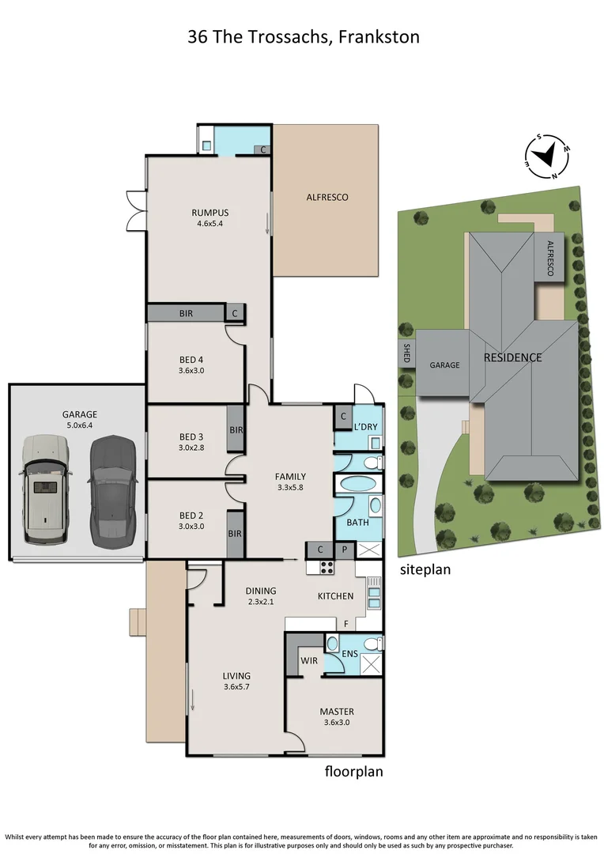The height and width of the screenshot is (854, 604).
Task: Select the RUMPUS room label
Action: [x=210, y=212]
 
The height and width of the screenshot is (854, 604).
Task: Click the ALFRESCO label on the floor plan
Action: [x=327, y=198]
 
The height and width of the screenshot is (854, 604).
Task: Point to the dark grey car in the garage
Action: [x=112, y=491]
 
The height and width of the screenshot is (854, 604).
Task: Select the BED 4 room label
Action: [x=191, y=361]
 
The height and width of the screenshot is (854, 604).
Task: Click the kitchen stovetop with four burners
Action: [x=327, y=566]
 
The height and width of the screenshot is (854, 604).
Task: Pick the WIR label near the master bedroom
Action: [x=308, y=659]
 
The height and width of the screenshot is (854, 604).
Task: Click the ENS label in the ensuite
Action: [x=349, y=654]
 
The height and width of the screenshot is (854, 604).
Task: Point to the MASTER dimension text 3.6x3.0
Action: [x=337, y=723]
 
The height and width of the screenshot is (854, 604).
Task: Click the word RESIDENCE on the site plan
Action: [x=512, y=357]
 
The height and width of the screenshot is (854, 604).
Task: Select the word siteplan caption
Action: [x=425, y=569]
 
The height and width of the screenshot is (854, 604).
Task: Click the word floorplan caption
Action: [x=353, y=771]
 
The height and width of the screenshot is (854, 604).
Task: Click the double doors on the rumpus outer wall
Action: [x=135, y=211]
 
